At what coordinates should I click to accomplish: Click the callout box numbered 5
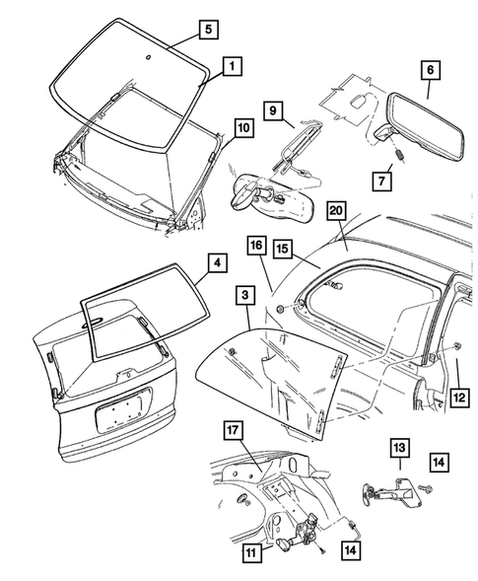coord(209,30)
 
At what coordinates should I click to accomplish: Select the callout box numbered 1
coord(233,66)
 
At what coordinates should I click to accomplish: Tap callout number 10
coord(244,128)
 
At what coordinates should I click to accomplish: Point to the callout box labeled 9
coord(273,110)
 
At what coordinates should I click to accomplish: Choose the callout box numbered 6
coord(431,70)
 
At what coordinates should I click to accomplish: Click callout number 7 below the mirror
coord(381,182)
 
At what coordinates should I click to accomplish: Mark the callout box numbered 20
coord(336,211)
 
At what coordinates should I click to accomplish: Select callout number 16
coord(256,245)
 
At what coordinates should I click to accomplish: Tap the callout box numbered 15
coord(283,249)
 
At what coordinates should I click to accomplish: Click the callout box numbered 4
coord(218,262)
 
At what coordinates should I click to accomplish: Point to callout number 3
coord(245,295)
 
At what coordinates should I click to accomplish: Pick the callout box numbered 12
coord(459,398)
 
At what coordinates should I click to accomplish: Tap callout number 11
coord(252,553)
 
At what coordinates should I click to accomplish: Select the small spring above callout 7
coord(401,155)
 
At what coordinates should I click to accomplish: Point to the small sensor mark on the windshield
coord(149,57)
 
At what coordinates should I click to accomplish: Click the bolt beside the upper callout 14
coord(425,489)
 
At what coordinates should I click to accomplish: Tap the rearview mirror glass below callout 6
coord(426,127)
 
